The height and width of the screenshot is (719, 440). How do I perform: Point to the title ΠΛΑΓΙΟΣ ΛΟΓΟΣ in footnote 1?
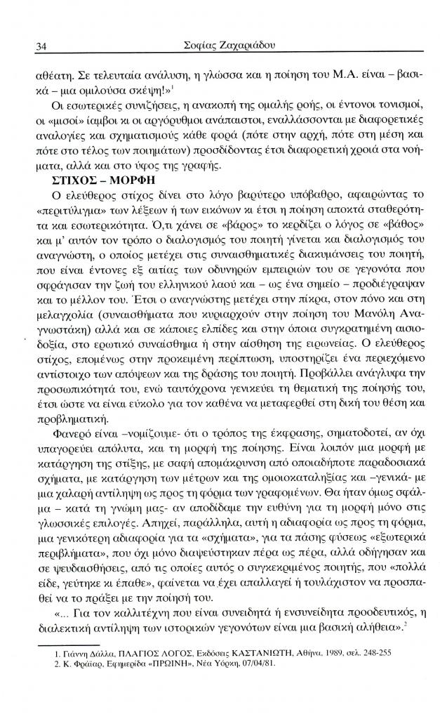tap(137, 652)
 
